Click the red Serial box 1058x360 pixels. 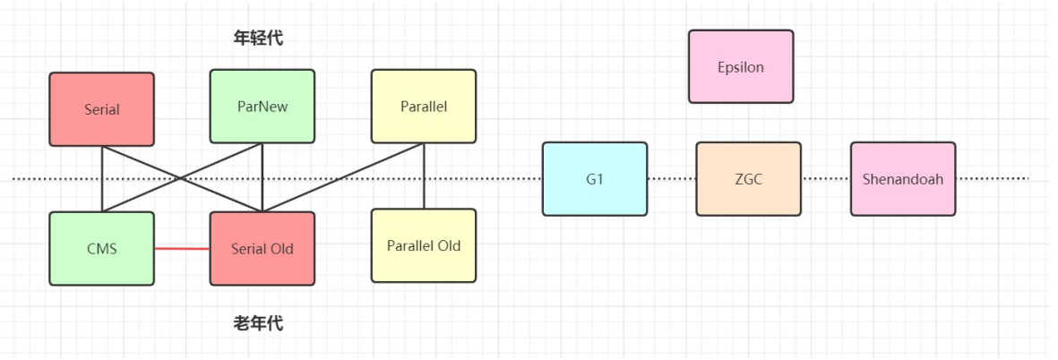[101, 109]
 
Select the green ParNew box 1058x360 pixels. [262, 106]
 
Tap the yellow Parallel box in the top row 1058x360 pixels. [424, 106]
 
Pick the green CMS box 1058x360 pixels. [101, 248]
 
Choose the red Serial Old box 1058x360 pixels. [262, 248]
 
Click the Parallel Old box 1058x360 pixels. [424, 245]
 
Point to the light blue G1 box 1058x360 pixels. [595, 178]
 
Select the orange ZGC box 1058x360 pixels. [749, 178]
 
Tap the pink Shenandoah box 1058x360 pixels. [903, 178]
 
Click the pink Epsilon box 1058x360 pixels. [741, 66]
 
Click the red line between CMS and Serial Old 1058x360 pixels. [182, 248]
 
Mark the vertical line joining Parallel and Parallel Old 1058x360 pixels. [424, 176]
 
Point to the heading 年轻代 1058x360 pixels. [258, 38]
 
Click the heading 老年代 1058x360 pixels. [258, 323]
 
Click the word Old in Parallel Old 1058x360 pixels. [445, 245]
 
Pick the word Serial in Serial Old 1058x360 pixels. [249, 248]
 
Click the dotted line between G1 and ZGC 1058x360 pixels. [671, 178]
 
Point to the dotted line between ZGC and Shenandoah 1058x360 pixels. [826, 178]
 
